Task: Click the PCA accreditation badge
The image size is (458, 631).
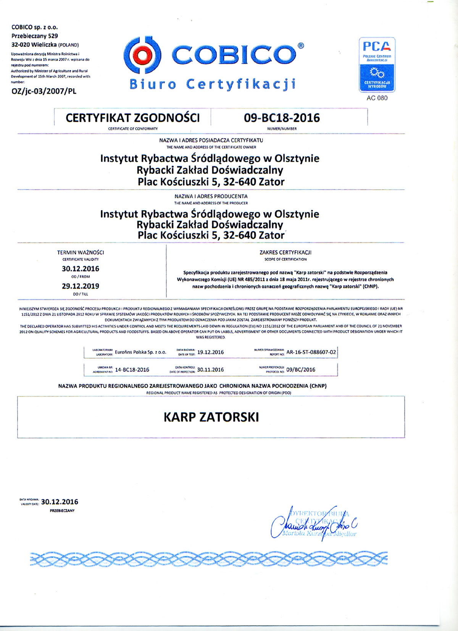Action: point(377,65)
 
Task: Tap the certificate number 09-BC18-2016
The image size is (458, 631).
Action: point(282,118)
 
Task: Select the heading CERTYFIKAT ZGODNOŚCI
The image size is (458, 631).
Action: point(132,118)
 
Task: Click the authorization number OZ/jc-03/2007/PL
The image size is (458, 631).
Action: point(44,91)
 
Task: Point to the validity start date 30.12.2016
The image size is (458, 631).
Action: point(80,269)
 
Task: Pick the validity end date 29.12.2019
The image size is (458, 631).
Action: point(80,286)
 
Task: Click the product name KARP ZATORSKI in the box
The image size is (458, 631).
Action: point(211,417)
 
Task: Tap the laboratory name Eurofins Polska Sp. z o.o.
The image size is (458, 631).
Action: point(140,352)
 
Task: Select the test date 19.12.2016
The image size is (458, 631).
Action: point(210,352)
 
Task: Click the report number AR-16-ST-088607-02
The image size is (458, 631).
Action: point(311,352)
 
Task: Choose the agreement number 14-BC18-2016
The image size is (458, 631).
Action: point(132,370)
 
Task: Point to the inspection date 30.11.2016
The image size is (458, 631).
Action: point(210,370)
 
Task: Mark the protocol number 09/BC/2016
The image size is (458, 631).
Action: point(301,370)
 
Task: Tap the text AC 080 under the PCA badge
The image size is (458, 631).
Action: point(377,98)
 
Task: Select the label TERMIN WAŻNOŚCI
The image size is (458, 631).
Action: point(80,252)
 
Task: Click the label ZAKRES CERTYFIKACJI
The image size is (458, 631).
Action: point(285,252)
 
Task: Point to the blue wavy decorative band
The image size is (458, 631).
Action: point(209,559)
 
